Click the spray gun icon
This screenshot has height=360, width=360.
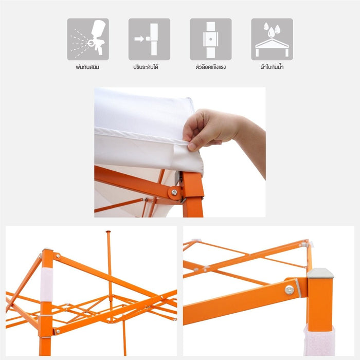[88, 39]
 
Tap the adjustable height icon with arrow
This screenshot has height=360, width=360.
[149, 39]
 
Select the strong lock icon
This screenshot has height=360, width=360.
[210, 39]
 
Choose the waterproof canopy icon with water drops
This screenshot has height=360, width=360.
[272, 39]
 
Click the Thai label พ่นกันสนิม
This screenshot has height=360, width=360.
[87, 67]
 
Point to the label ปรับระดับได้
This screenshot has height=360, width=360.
[146, 67]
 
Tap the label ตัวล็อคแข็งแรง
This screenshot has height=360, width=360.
[210, 67]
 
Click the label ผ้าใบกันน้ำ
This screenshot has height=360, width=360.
[272, 67]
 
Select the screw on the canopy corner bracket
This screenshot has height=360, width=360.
[174, 192]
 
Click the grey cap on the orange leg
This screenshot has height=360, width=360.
[320, 273]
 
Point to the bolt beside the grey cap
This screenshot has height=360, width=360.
[289, 290]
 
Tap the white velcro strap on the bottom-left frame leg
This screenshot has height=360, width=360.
[47, 284]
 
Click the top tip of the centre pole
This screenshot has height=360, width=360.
[108, 231]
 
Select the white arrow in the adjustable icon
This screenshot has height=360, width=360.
[139, 39]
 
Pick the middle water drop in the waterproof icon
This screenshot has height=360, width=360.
[272, 32]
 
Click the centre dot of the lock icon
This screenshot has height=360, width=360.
[210, 39]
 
